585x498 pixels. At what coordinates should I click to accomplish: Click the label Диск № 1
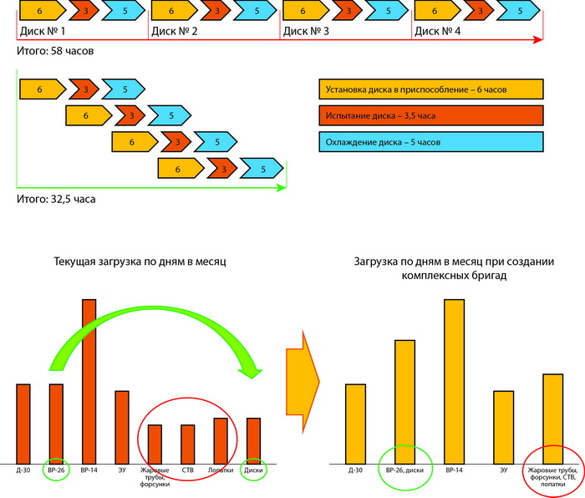pos(43,32)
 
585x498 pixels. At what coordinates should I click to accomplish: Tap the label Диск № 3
pos(306,32)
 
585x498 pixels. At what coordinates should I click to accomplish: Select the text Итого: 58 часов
pos(55,51)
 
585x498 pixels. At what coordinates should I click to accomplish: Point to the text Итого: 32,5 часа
pos(56,199)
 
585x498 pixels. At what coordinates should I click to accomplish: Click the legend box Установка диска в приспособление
pos(431,89)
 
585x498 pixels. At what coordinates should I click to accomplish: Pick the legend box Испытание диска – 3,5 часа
pos(431,115)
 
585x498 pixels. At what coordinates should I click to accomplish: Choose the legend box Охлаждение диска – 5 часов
pos(431,142)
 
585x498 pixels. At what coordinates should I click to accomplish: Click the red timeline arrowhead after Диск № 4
pos(538,39)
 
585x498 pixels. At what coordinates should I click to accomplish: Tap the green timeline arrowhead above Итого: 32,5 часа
pos(281,188)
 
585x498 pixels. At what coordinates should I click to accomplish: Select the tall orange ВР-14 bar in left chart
pos(89,382)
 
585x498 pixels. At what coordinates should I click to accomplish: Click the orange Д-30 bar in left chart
pos(23,424)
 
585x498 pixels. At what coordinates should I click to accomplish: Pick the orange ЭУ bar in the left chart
pos(122,428)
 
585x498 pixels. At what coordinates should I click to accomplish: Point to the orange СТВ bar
pos(188,445)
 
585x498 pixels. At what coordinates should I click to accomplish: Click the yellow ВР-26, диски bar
pos(404,402)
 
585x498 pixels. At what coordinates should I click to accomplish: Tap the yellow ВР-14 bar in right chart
pos(455,382)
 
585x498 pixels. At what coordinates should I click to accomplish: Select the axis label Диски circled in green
pos(253,470)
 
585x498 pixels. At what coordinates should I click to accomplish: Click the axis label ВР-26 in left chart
pos(56,470)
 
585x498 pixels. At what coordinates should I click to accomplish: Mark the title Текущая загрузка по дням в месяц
pos(140,262)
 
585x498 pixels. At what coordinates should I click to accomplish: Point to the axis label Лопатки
pos(221,470)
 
